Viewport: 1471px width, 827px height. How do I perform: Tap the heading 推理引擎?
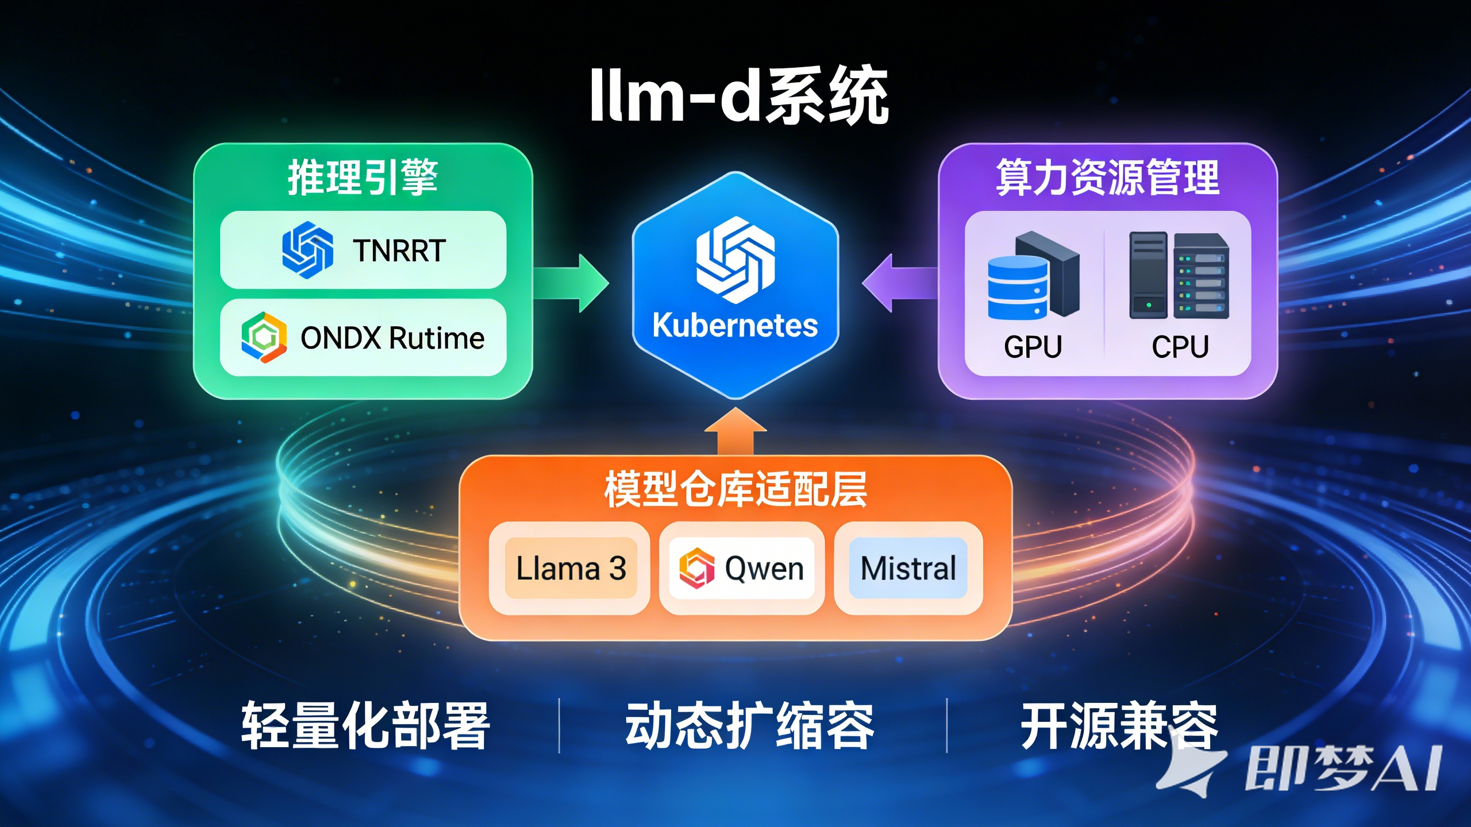click(363, 177)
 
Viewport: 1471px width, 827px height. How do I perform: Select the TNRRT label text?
click(399, 251)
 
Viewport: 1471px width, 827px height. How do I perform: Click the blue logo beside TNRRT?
click(307, 250)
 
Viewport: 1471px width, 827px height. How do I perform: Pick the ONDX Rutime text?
click(392, 338)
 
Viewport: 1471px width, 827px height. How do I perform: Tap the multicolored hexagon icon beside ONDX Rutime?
click(264, 338)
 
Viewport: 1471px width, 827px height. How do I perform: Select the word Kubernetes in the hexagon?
click(735, 326)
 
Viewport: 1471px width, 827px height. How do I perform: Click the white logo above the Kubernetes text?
click(735, 260)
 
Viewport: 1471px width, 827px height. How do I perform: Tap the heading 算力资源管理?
click(1107, 177)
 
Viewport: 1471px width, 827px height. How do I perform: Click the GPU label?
click(1033, 347)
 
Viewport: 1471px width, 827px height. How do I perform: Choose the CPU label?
click(1180, 347)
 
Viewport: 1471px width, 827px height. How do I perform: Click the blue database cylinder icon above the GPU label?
click(1018, 287)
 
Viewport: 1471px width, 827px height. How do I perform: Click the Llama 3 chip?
click(571, 569)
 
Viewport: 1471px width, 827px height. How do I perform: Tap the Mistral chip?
click(908, 569)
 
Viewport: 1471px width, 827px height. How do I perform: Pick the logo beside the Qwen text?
click(696, 568)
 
